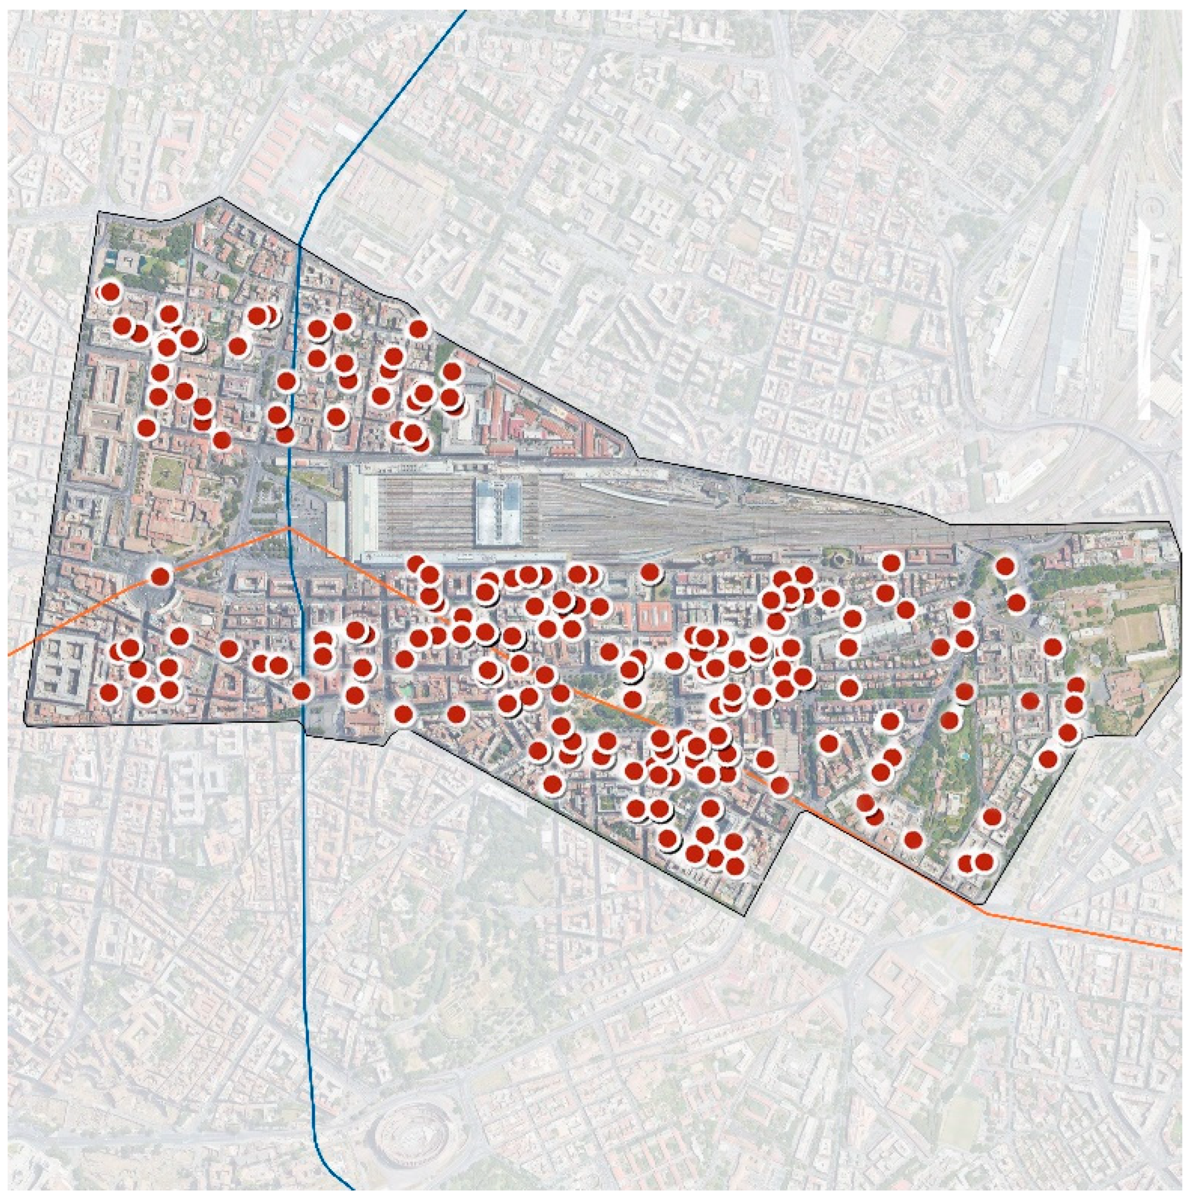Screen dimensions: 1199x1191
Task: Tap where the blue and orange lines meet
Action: (x=289, y=529)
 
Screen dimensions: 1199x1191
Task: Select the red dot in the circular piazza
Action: (x=161, y=577)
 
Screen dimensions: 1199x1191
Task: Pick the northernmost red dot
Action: (x=110, y=291)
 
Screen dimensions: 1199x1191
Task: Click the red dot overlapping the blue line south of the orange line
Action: (x=302, y=691)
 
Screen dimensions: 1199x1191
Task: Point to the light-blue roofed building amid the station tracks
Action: (x=497, y=511)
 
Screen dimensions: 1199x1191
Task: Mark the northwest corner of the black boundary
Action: (x=99, y=212)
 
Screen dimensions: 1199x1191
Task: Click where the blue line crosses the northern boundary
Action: (x=300, y=245)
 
